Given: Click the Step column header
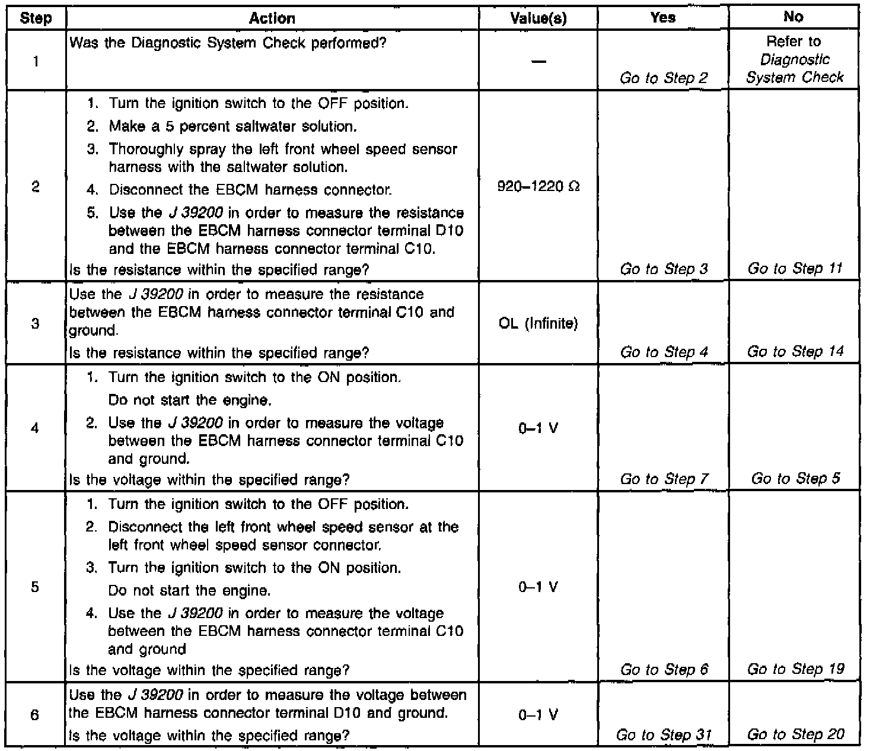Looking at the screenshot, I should (x=36, y=18).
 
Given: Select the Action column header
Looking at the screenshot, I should (x=272, y=18).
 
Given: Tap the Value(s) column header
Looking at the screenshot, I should (x=539, y=18).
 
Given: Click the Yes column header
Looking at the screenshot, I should (x=662, y=18).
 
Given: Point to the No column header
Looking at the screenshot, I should (x=794, y=17).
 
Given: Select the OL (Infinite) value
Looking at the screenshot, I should (x=539, y=324).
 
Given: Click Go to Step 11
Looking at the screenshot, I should (x=795, y=269).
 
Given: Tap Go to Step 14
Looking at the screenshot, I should (x=795, y=352).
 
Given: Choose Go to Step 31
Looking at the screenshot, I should (x=663, y=735).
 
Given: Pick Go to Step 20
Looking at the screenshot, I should (x=795, y=734).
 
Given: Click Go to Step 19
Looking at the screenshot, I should (x=795, y=669).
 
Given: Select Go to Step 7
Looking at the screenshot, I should (x=664, y=479).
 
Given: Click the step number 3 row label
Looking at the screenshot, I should (x=36, y=324).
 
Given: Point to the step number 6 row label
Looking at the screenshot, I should (x=35, y=715).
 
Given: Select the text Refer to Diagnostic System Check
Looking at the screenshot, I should (x=794, y=59).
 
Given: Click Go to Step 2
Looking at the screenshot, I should (x=664, y=78).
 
